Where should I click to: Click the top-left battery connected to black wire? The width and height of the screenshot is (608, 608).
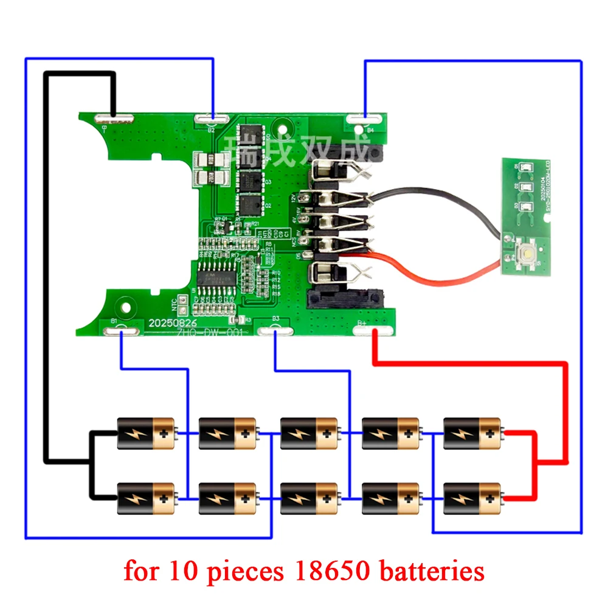[x=146, y=433]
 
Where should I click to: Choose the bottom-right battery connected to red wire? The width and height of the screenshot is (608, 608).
[x=472, y=499]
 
